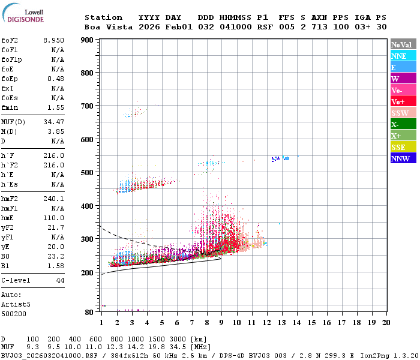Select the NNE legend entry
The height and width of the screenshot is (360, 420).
[403, 56]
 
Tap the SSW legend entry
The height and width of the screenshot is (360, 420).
[403, 113]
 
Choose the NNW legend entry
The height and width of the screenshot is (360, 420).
[403, 158]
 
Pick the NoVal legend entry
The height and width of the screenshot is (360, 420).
[403, 44]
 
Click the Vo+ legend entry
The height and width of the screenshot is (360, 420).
[403, 101]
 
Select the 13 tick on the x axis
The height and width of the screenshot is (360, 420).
[281, 323]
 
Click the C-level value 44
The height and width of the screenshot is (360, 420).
[59, 280]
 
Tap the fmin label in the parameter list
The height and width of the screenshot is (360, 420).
[10, 107]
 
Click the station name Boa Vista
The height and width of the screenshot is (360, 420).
[106, 27]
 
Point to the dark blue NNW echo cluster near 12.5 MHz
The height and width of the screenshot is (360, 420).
[275, 159]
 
